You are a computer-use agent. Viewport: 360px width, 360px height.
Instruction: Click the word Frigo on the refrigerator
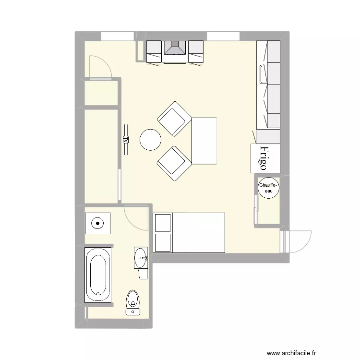click(264, 158)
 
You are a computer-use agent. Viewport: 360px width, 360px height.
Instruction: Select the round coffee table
click(151, 140)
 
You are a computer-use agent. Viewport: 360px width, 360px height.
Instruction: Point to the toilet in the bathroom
click(133, 303)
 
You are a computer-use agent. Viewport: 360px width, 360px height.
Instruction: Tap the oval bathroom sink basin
click(141, 258)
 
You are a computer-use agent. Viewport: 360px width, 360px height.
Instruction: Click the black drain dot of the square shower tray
click(98, 223)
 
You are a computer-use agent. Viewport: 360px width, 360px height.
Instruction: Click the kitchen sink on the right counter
click(264, 74)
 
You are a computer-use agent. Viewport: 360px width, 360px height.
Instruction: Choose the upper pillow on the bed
click(163, 223)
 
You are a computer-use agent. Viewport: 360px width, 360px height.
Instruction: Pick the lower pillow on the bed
click(163, 243)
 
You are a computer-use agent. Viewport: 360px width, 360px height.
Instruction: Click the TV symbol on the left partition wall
click(126, 140)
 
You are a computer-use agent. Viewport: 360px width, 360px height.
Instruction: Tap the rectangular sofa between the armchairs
click(204, 141)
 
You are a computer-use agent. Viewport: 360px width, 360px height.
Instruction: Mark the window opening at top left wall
click(117, 36)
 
